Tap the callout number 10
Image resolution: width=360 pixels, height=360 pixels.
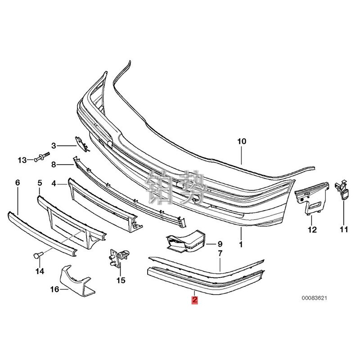point(242,141)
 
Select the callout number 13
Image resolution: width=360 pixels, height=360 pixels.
point(22,160)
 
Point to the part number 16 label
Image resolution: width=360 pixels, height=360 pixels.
point(54,289)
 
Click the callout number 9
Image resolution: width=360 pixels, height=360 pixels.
point(220,243)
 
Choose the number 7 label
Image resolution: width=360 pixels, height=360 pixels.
point(220,253)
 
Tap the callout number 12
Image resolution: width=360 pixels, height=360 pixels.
point(312,230)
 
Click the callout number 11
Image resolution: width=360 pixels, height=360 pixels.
point(344,230)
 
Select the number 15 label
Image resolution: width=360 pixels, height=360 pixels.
point(121,281)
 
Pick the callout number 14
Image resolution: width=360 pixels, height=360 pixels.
point(40,271)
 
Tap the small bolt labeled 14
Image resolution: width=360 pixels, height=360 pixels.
point(37,255)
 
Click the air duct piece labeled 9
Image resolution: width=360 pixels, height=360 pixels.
point(184,241)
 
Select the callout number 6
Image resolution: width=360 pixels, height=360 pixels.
point(18,183)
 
